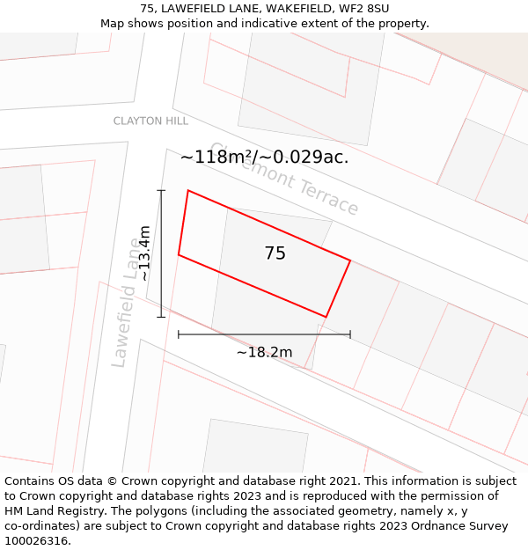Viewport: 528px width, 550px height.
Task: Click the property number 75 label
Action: coord(275,253)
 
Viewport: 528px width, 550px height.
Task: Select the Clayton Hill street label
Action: coord(150,121)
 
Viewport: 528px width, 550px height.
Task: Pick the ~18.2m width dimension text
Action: coord(264,352)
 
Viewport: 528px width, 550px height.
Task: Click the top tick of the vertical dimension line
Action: coord(161,190)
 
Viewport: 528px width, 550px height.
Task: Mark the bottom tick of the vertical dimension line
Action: coord(161,317)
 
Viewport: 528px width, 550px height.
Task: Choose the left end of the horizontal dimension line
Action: coord(179,334)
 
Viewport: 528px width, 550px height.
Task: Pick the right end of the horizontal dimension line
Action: coord(350,334)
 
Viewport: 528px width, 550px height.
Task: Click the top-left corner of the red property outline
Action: coord(187,190)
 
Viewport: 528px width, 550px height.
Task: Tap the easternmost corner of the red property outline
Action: coord(350,260)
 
